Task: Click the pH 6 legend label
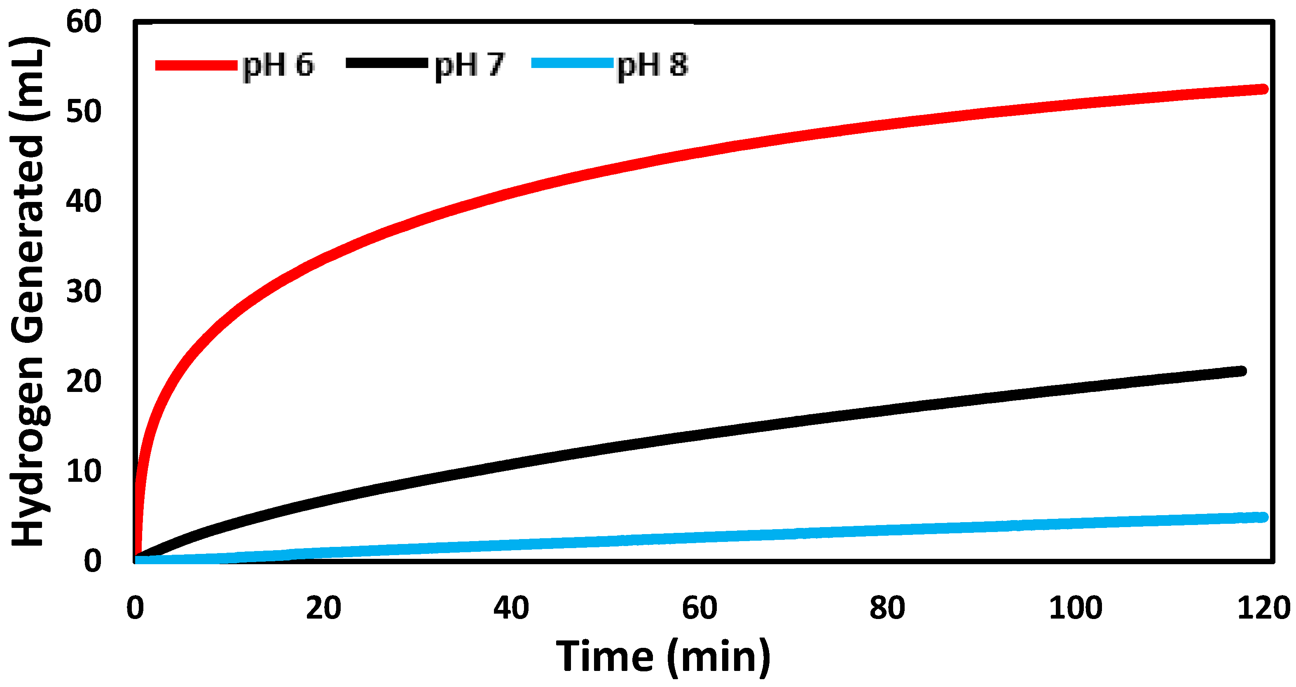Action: [278, 66]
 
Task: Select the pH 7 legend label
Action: [469, 66]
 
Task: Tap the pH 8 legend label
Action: [653, 66]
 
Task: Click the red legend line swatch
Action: [196, 65]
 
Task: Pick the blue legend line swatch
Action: [573, 63]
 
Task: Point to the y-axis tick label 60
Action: [84, 22]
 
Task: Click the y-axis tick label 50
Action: [84, 112]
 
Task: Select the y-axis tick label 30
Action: [84, 292]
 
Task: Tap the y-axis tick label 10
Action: [84, 471]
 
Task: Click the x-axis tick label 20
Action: [323, 608]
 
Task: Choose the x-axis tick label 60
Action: [699, 608]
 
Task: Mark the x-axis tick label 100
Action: [1076, 608]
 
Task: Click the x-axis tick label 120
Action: [1263, 608]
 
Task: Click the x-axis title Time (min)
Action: [663, 657]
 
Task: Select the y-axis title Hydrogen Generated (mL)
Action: [29, 292]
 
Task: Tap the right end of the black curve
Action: [1241, 371]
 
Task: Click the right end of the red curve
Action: [1263, 89]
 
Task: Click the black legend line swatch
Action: [386, 63]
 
